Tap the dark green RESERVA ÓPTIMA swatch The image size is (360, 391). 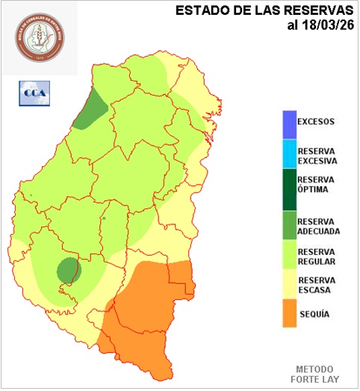[288, 189]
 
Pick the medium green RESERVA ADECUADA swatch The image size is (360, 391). [288, 225]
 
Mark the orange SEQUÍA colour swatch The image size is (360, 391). [288, 313]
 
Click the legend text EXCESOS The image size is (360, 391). [316, 121]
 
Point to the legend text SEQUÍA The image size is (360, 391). [314, 315]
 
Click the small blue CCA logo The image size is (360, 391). [34, 93]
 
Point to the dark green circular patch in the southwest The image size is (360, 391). [69, 269]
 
